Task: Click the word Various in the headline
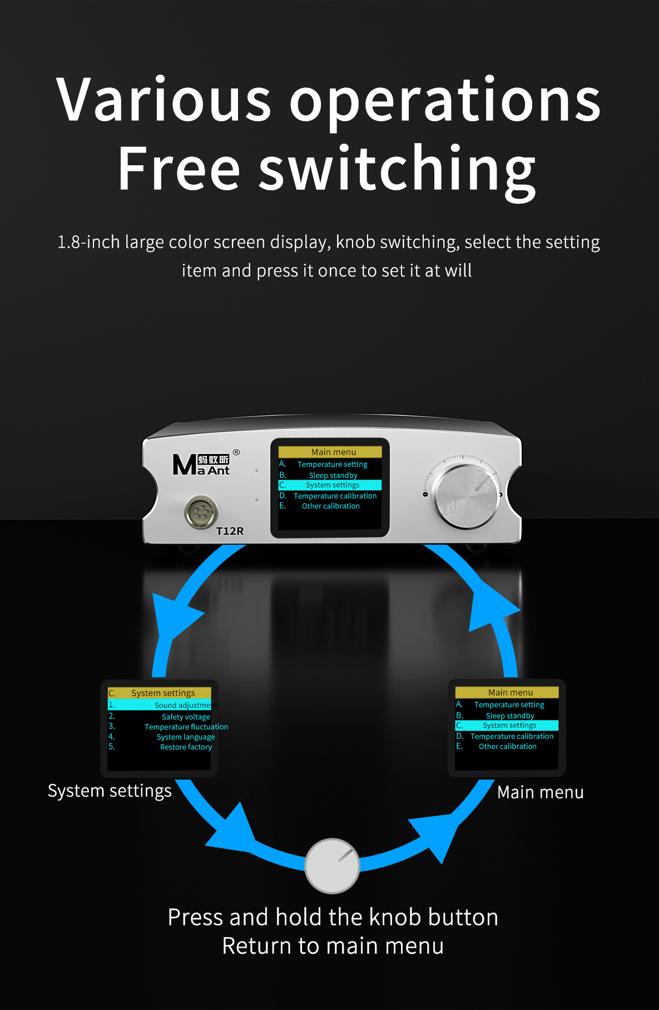pyautogui.click(x=164, y=100)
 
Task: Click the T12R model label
pyautogui.click(x=230, y=531)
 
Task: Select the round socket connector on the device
pyautogui.click(x=201, y=511)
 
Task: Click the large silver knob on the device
pyautogui.click(x=467, y=495)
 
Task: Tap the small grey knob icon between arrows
pyautogui.click(x=332, y=865)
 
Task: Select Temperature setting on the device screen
pyautogui.click(x=333, y=464)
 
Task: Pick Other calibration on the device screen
pyautogui.click(x=331, y=506)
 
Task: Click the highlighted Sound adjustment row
pyautogui.click(x=159, y=705)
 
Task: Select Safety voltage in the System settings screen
pyautogui.click(x=186, y=717)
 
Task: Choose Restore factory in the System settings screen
pyautogui.click(x=186, y=747)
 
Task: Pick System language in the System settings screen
pyautogui.click(x=186, y=737)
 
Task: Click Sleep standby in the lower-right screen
pyautogui.click(x=510, y=716)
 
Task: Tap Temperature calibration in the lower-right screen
pyautogui.click(x=512, y=736)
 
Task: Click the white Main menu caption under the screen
pyautogui.click(x=541, y=792)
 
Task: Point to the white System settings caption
pyautogui.click(x=110, y=791)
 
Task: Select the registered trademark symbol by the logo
pyautogui.click(x=236, y=452)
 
